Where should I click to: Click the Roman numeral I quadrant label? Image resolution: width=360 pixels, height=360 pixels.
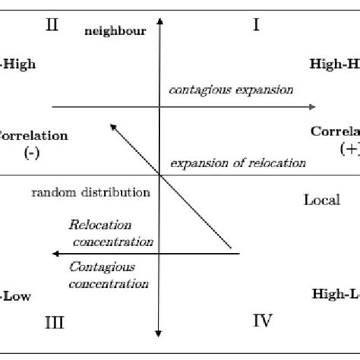[256, 26]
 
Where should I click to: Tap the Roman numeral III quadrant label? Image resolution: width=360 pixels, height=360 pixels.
[52, 323]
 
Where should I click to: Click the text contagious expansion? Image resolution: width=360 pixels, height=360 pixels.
[230, 90]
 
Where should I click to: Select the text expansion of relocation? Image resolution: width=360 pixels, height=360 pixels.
[238, 162]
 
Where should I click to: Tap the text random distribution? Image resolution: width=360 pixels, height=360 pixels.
[90, 192]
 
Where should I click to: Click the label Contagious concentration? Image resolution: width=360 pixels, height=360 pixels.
[108, 275]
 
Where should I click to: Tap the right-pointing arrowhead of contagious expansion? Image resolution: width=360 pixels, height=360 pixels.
[312, 107]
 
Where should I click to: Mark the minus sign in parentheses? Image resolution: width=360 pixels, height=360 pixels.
[32, 151]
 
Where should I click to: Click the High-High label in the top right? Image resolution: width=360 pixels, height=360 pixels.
[335, 65]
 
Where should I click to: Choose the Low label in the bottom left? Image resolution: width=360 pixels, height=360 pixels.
[17, 296]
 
